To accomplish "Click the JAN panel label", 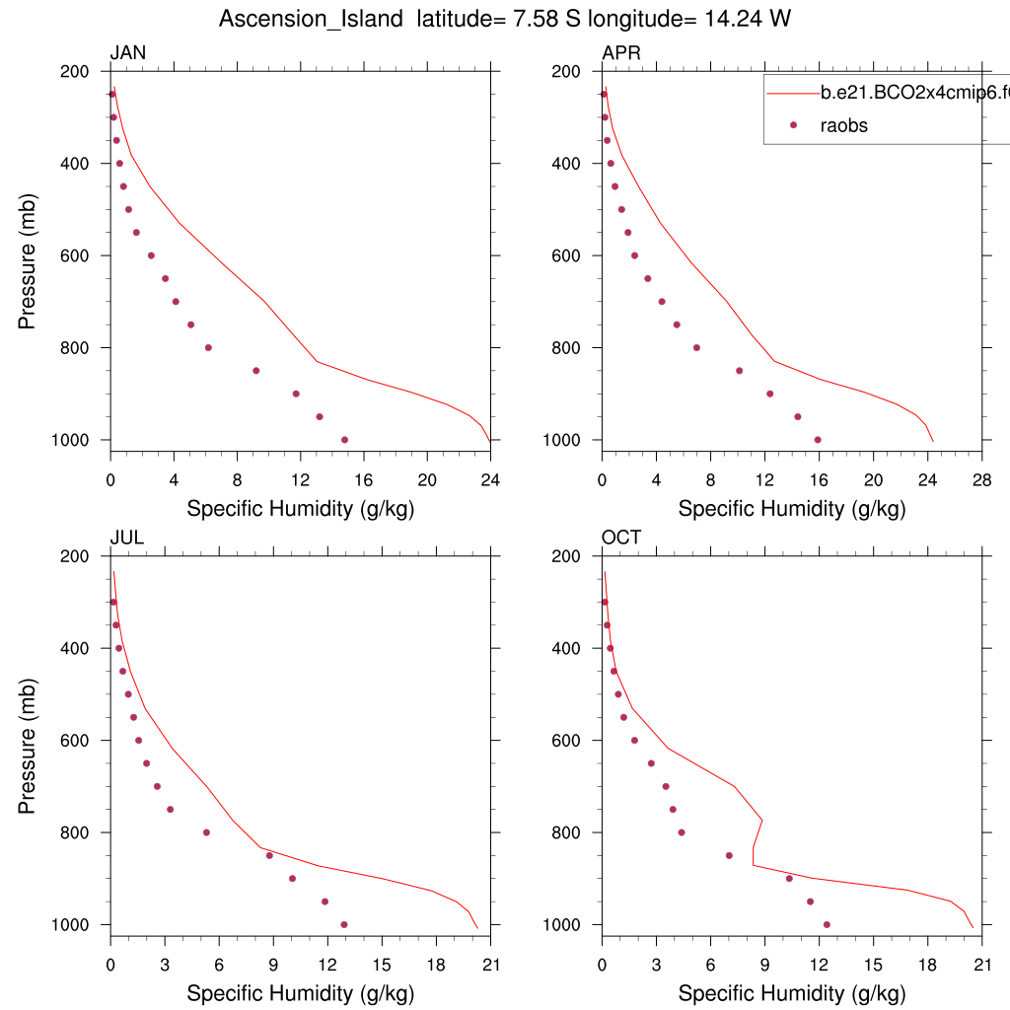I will pos(127,53).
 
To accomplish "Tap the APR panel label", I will pos(620,53).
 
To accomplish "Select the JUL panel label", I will pos(125,538).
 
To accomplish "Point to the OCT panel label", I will pos(621,538).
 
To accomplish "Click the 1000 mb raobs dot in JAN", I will pos(344,440).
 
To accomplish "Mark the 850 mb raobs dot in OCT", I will pos(729,855).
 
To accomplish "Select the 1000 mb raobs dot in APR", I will pos(818,440).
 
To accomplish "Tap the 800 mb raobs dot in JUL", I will pos(206,832).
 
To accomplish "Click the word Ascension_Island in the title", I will pos(312,19).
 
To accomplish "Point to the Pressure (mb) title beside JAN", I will pos(28,254).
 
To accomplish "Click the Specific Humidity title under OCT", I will pos(791,993).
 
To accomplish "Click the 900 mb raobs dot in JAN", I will pos(296,394).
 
